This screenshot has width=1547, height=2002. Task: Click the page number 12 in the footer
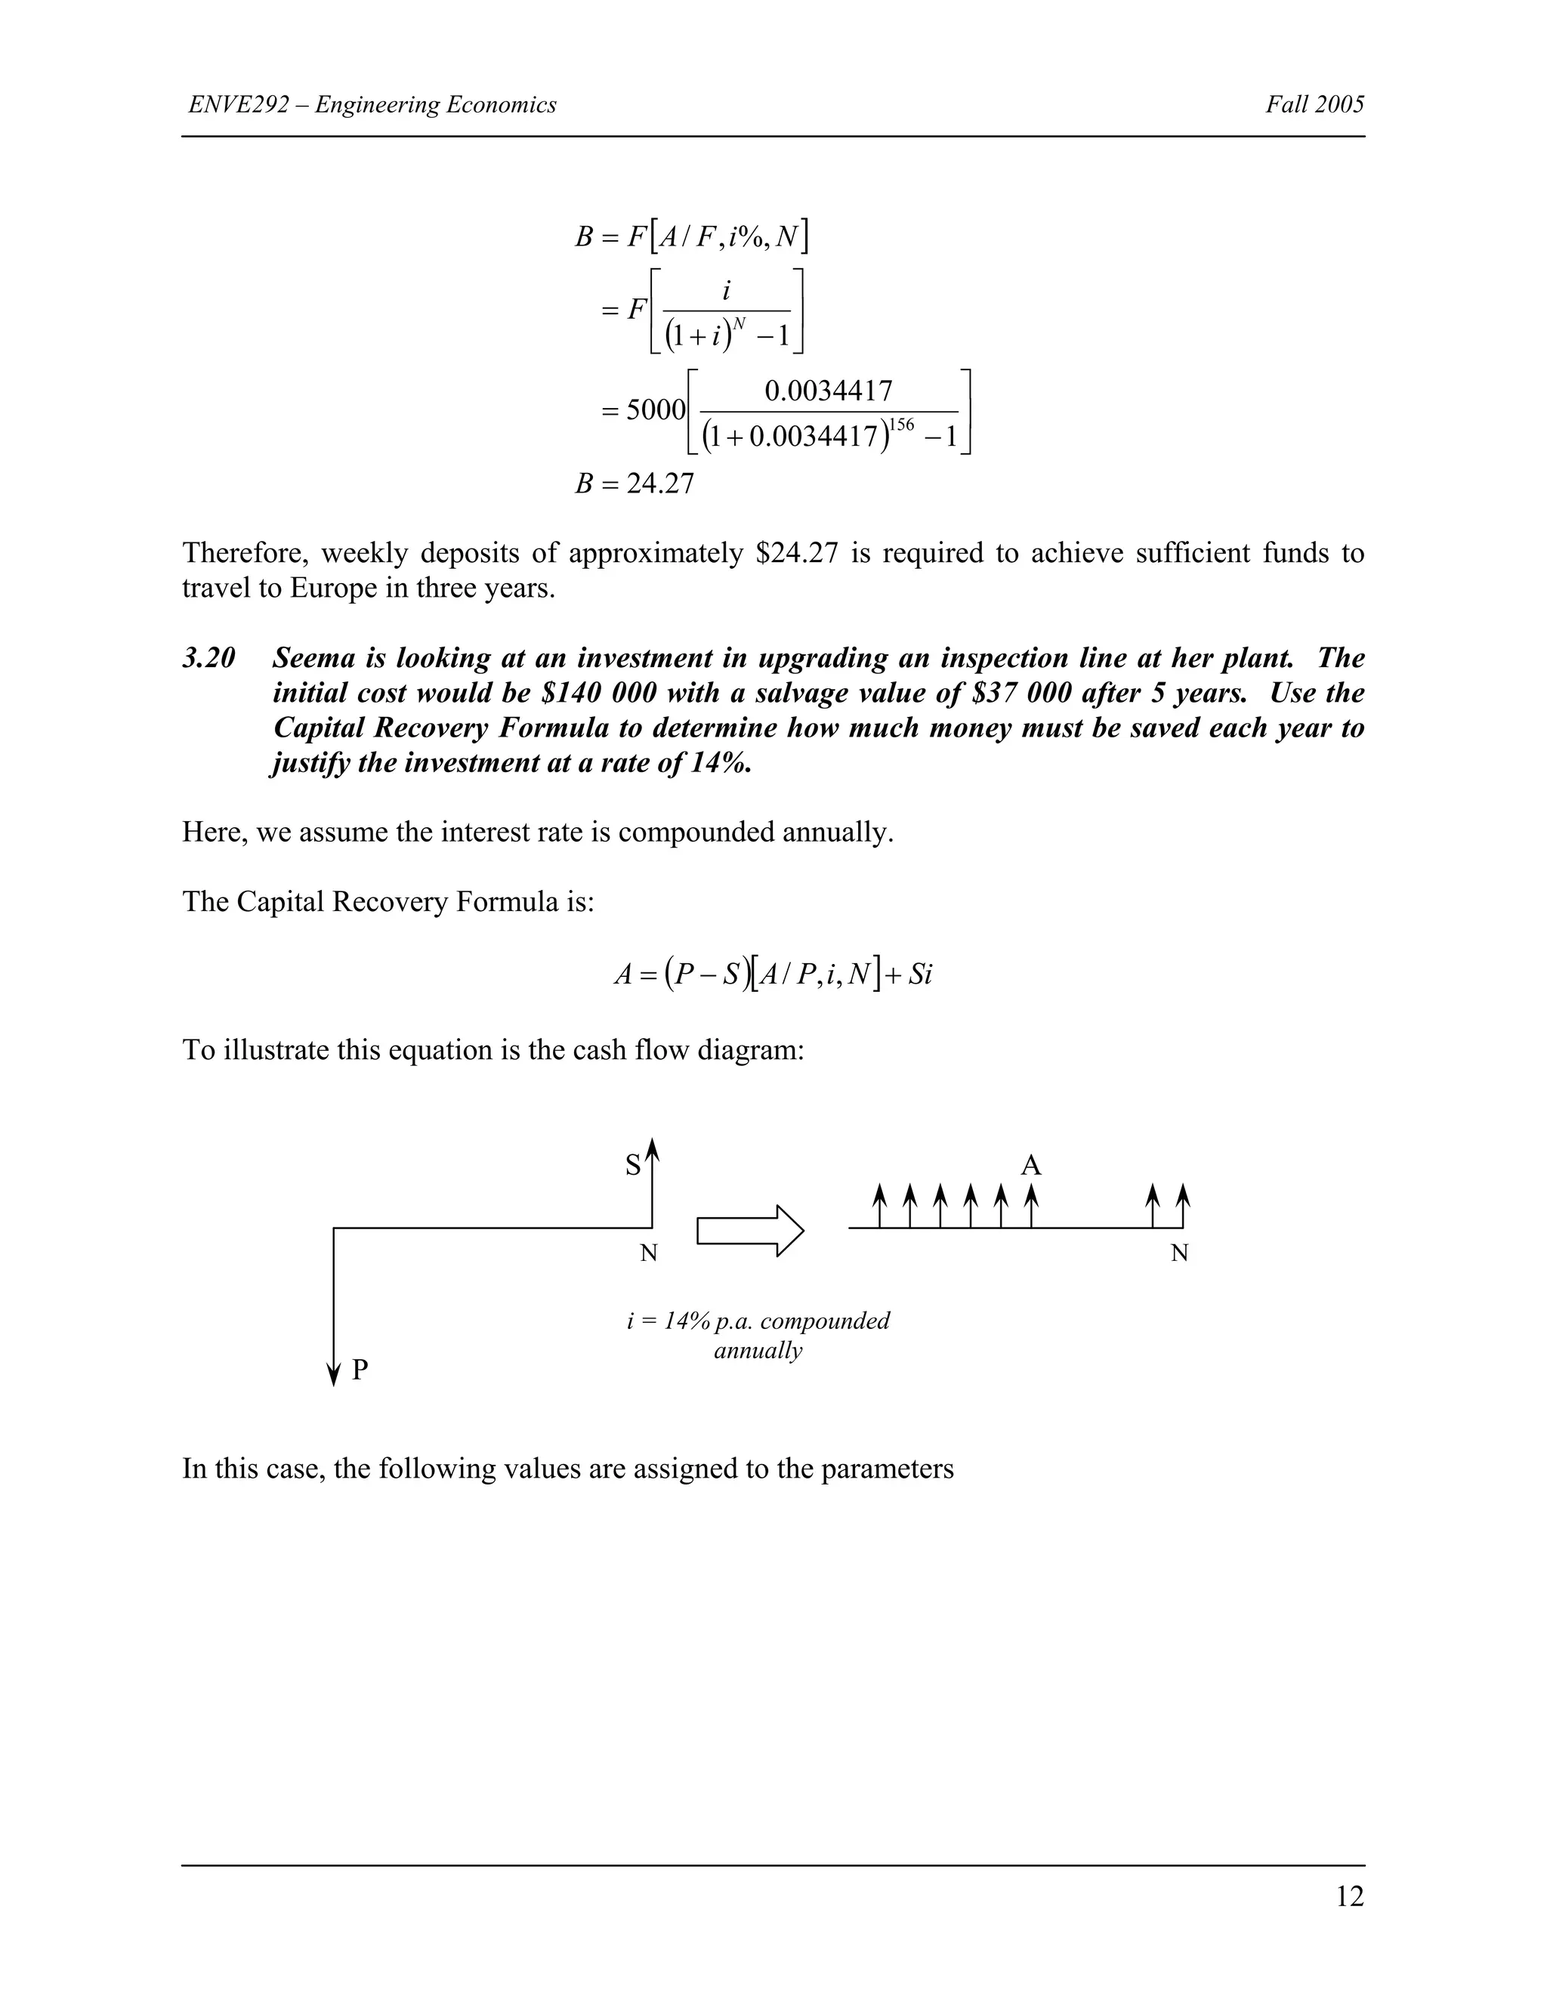[1349, 1895]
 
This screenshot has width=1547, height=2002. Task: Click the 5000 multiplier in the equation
[655, 409]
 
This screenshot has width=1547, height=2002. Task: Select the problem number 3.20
[209, 658]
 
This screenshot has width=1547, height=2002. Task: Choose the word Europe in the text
[335, 588]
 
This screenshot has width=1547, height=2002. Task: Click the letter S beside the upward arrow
[632, 1166]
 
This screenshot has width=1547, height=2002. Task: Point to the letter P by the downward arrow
[360, 1370]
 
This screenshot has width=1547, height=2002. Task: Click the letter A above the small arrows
[1031, 1166]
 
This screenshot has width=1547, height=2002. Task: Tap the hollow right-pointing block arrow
[749, 1230]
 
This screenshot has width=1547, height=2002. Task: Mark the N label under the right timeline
[1179, 1254]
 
